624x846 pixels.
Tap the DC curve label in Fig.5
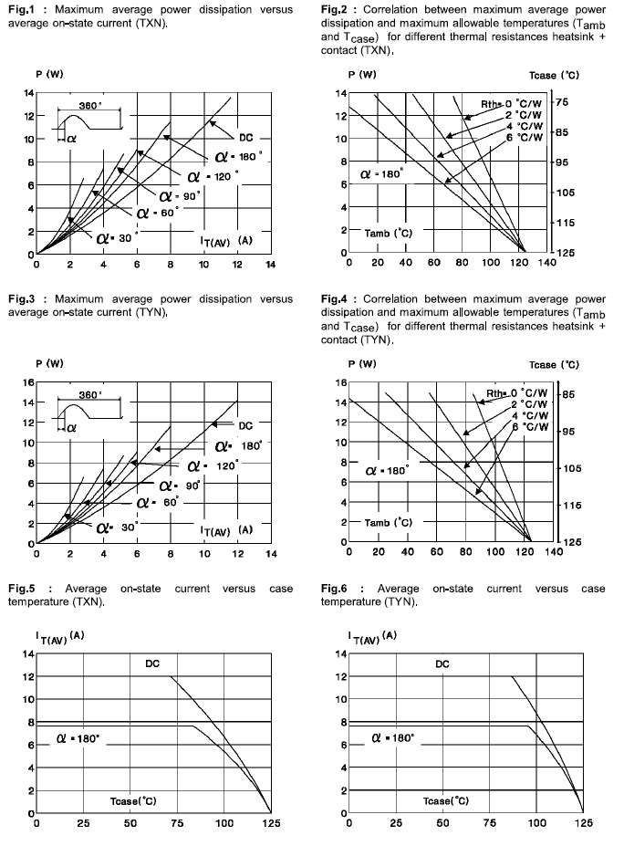click(151, 663)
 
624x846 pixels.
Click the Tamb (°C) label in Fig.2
click(390, 234)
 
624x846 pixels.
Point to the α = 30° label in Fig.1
click(117, 236)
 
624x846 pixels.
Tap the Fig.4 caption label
click(335, 298)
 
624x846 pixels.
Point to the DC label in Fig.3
click(245, 426)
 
